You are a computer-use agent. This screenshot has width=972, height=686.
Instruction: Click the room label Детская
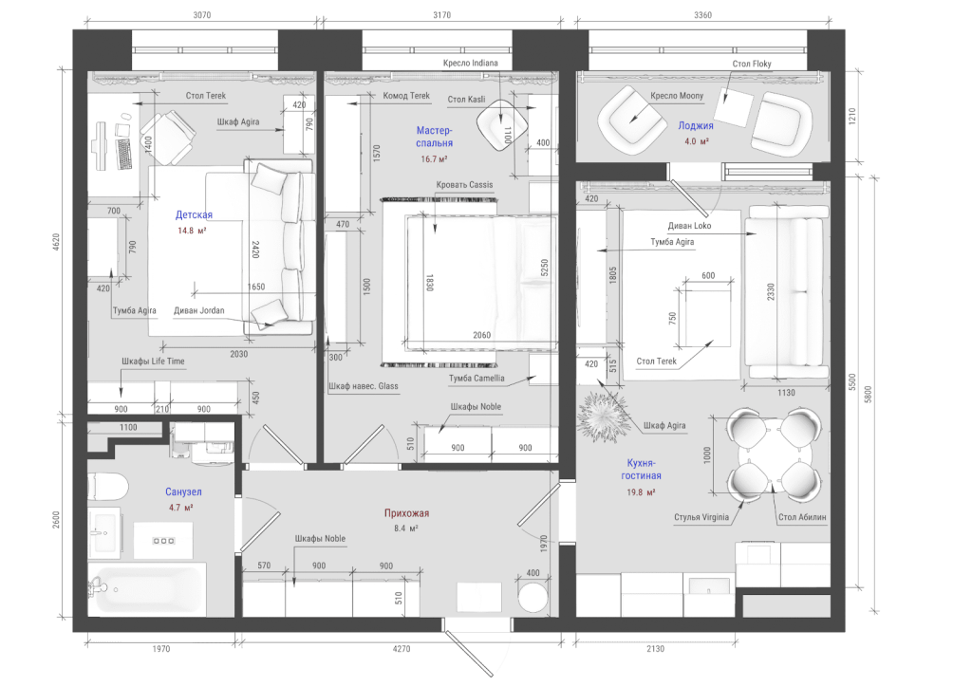(x=194, y=215)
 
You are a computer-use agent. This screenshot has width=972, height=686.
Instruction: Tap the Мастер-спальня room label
(x=434, y=137)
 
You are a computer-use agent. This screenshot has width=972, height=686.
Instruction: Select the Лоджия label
(x=696, y=126)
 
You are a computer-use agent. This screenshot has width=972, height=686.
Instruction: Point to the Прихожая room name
(x=406, y=513)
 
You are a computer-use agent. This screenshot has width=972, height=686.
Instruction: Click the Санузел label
(x=183, y=492)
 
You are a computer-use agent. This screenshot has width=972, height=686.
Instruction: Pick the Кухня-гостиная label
(x=641, y=469)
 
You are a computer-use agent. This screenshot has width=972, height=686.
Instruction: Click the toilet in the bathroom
(x=107, y=487)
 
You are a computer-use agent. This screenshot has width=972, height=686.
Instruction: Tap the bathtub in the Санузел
(x=147, y=589)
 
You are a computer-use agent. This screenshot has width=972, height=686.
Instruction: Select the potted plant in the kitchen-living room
(x=602, y=417)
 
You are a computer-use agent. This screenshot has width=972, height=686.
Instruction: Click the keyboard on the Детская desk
(x=124, y=154)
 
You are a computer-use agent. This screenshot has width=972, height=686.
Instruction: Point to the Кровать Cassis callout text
(x=464, y=185)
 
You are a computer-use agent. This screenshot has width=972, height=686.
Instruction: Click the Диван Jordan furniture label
(x=199, y=310)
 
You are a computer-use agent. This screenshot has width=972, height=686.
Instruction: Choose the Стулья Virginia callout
(x=701, y=517)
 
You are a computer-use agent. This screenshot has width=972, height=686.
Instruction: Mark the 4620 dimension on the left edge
(x=56, y=242)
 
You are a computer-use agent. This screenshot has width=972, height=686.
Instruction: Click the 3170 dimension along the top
(x=442, y=15)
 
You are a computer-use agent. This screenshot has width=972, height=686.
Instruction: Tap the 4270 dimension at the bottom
(x=402, y=649)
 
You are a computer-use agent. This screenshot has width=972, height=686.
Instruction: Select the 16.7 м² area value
(x=434, y=159)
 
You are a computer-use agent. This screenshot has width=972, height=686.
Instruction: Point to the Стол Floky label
(x=752, y=64)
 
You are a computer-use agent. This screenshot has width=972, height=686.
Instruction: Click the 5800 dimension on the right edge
(x=868, y=394)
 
